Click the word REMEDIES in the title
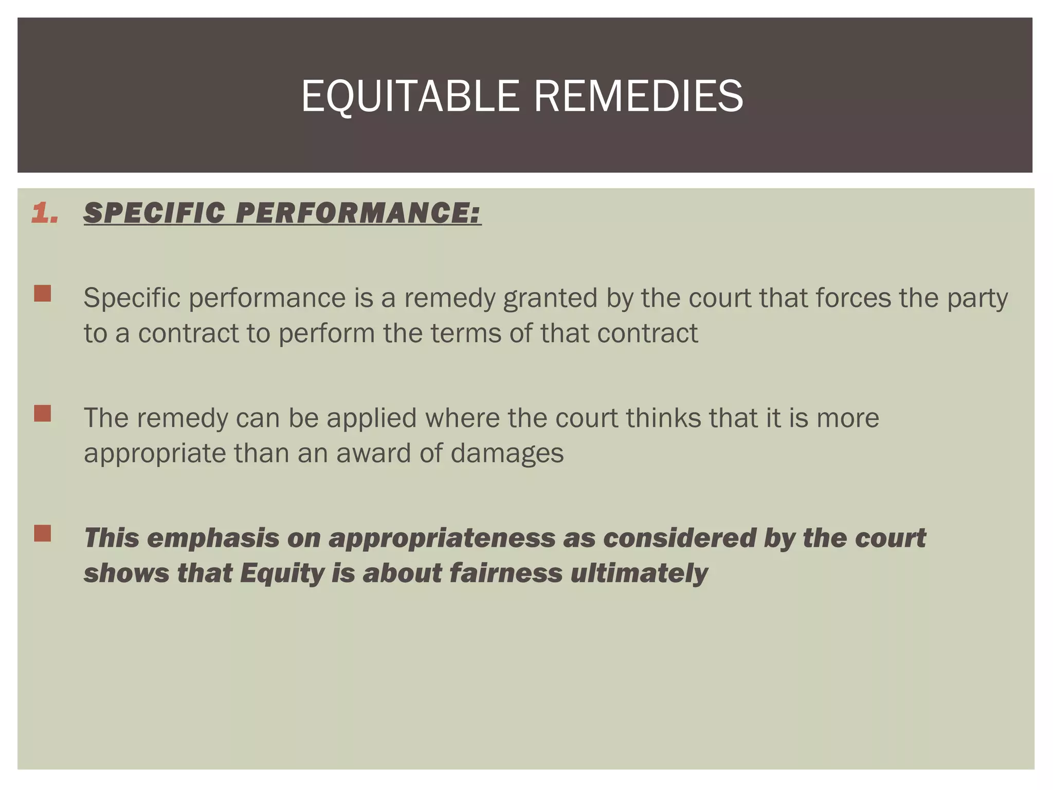638,96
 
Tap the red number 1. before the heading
45,213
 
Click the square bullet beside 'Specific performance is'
43,294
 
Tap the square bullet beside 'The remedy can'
43,414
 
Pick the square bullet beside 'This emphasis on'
43,533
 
